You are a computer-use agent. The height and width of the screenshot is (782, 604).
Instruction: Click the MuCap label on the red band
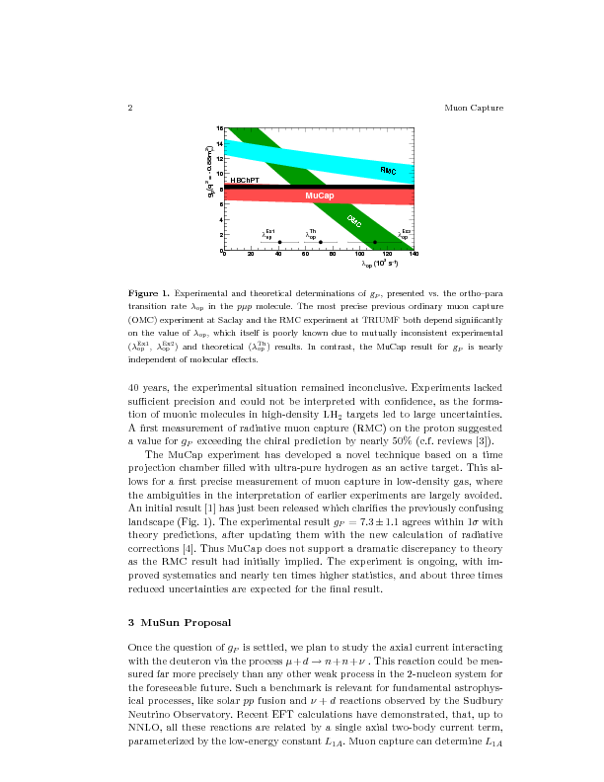point(319,195)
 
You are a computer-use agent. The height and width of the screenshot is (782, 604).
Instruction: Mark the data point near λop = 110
point(374,242)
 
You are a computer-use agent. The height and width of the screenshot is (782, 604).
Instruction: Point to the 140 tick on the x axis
point(413,255)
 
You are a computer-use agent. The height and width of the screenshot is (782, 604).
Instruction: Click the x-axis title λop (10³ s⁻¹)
point(380,264)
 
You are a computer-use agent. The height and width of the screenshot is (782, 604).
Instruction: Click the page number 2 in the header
point(131,108)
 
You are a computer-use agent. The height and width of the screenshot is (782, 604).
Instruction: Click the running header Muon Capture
point(474,108)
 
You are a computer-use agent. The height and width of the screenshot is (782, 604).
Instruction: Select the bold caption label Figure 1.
point(149,294)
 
